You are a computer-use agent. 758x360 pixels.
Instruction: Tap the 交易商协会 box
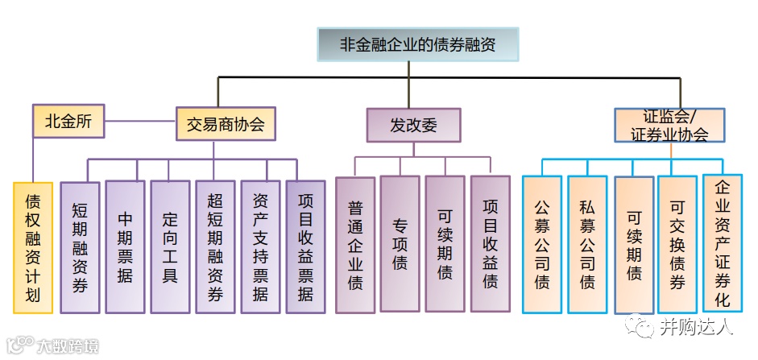pos(226,125)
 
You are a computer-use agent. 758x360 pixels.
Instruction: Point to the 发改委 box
pos(414,126)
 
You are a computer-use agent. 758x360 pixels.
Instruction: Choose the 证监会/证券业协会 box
pos(669,126)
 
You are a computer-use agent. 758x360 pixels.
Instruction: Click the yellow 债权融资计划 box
pos(33,247)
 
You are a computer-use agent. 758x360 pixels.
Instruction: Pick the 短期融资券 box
pos(80,247)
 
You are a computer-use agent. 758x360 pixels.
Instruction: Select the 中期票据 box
pos(125,247)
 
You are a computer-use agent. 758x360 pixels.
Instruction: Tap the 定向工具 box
pos(170,247)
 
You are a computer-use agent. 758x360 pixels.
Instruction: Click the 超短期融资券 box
pos(215,247)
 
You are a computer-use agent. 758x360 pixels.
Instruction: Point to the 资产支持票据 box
pos(260,247)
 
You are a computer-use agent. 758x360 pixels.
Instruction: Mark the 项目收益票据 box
pos(305,247)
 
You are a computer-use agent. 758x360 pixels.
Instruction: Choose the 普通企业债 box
pos(355,245)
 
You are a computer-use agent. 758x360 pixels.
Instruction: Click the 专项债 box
pos(400,245)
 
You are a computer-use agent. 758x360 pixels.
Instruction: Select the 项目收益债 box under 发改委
pos(490,245)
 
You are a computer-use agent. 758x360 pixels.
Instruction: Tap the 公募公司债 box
pos(542,245)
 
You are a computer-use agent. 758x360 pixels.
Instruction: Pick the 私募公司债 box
pos(587,245)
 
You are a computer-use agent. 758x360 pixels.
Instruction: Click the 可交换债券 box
pos(677,245)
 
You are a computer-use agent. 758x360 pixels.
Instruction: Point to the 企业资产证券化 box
pos(723,243)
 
